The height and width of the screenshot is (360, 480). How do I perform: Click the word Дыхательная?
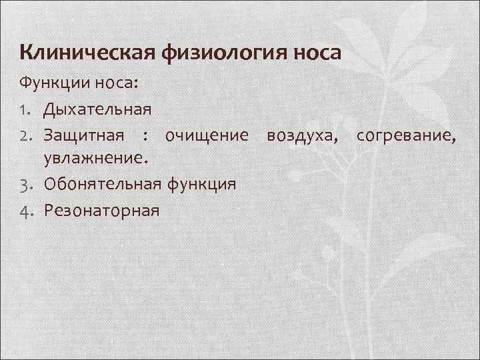point(98,107)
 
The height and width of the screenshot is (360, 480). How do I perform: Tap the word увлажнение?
point(97,159)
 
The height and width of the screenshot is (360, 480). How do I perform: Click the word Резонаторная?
point(102,211)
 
